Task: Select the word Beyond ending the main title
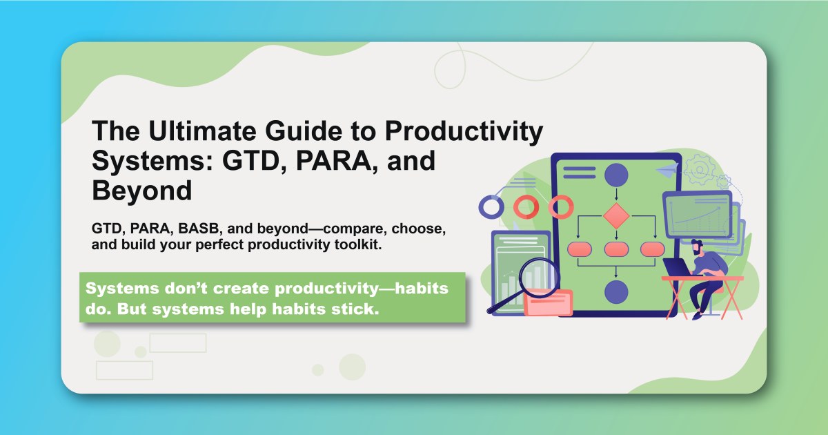pyautogui.click(x=141, y=191)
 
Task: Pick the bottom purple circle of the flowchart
pyautogui.click(x=615, y=292)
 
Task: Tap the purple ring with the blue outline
pyautogui.click(x=492, y=206)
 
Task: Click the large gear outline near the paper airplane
pyautogui.click(x=704, y=167)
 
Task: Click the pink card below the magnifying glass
pyautogui.click(x=548, y=302)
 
